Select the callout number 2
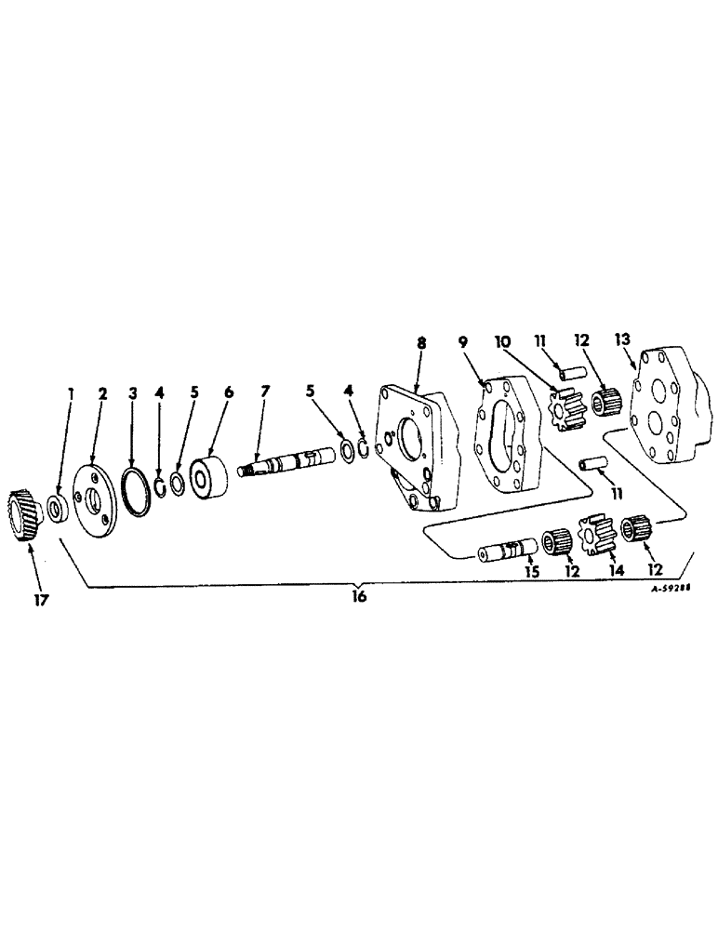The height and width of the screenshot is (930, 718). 103,393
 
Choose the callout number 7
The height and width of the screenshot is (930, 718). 265,393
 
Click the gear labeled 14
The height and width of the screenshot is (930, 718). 598,538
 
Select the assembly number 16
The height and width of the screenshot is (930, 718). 359,597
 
